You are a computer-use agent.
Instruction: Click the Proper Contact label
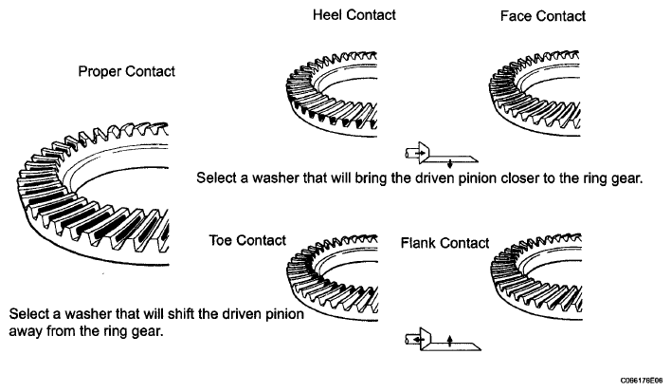127,71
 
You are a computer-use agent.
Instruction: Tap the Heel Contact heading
354,15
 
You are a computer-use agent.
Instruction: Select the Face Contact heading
543,16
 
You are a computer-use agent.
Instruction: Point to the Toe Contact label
247,240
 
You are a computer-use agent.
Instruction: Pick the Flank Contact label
444,243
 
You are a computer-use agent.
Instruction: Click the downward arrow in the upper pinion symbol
450,163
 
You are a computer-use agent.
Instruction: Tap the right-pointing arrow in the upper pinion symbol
420,153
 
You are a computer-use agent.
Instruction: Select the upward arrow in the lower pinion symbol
450,341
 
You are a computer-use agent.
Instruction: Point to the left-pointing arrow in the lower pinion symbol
419,340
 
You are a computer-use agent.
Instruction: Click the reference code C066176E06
642,381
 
